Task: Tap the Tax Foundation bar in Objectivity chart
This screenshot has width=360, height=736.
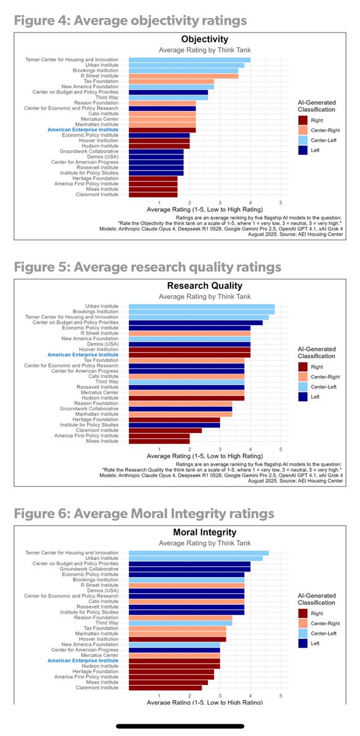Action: (x=171, y=81)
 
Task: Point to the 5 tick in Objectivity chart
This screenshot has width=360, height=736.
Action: (x=280, y=202)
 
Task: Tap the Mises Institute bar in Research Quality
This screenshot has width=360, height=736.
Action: (x=159, y=440)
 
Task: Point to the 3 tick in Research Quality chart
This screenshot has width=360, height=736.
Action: (x=220, y=449)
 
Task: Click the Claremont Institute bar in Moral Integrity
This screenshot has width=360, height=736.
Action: (x=165, y=688)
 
